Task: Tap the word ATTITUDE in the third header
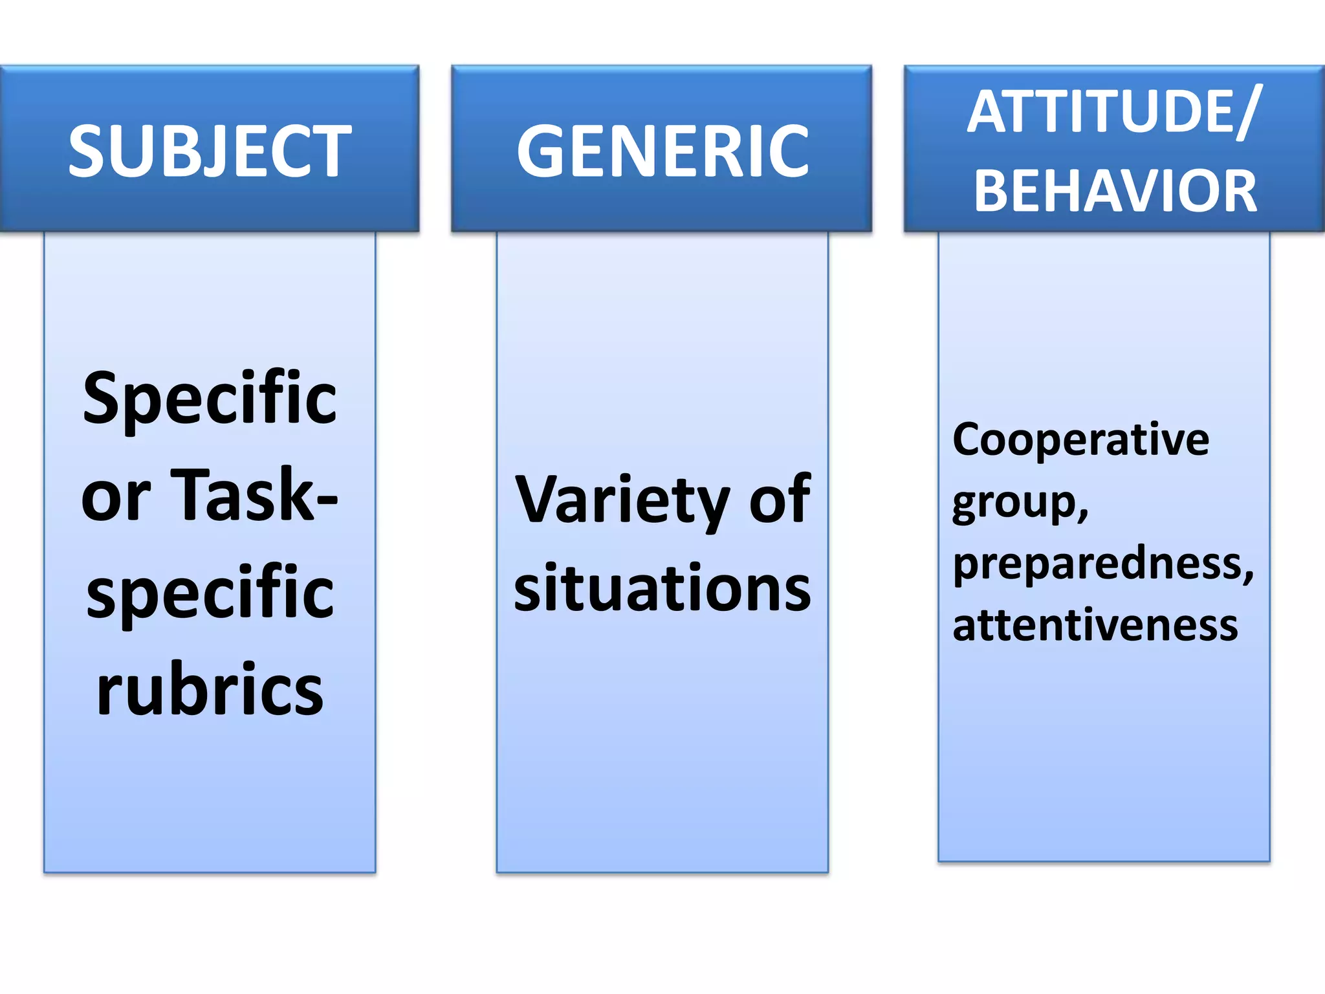click(1100, 112)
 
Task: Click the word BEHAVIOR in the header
click(1115, 191)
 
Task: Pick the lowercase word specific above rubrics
click(210, 592)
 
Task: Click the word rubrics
click(210, 689)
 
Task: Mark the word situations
click(662, 588)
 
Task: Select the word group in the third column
click(1013, 503)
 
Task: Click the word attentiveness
click(1095, 625)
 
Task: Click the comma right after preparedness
click(1248, 576)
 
